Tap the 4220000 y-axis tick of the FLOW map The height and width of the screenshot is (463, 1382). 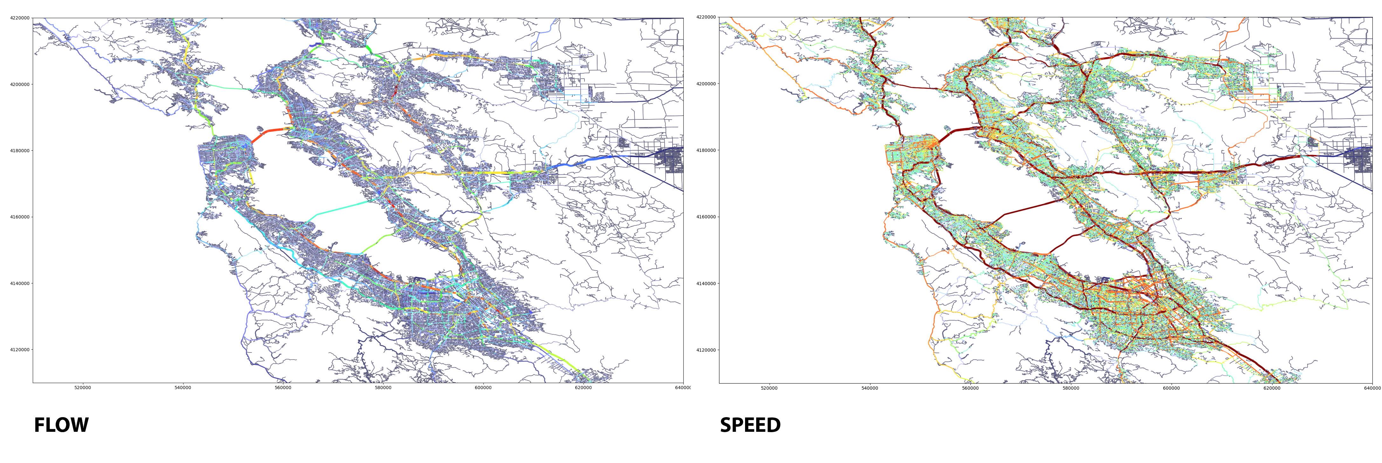[20, 18]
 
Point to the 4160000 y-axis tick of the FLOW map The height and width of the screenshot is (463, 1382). [20, 217]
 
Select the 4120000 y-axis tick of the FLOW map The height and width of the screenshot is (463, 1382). [20, 350]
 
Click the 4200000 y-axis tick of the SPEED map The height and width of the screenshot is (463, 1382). [706, 84]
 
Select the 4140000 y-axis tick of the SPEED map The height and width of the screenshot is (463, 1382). [706, 284]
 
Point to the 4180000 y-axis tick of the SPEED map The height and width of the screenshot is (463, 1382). [706, 150]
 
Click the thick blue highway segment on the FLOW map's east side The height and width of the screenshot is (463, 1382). [590, 160]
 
